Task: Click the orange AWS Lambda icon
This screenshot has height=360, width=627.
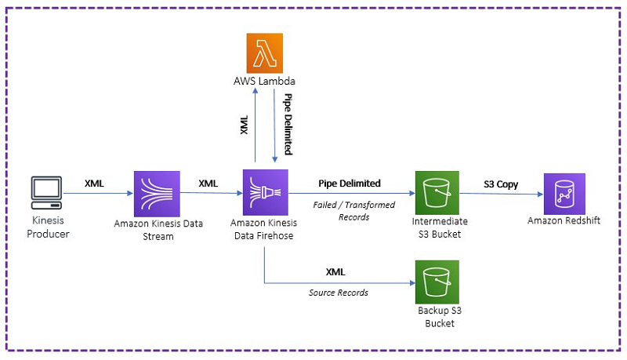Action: tap(264, 53)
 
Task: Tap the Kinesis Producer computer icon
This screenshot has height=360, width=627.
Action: tap(47, 193)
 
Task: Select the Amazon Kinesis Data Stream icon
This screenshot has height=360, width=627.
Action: tap(157, 194)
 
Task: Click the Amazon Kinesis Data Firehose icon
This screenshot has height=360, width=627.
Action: tap(265, 192)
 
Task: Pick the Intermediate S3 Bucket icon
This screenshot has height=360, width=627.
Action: tap(437, 193)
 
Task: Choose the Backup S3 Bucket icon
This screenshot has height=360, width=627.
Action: tap(437, 282)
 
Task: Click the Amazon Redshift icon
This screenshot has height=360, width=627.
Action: tap(564, 194)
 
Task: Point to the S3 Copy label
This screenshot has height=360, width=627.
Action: tap(501, 184)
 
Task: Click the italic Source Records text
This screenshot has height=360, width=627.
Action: tap(339, 293)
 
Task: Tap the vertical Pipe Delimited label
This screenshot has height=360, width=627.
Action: tap(288, 124)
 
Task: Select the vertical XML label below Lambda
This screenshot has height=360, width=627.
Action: tap(244, 125)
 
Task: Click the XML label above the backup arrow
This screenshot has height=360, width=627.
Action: tap(335, 272)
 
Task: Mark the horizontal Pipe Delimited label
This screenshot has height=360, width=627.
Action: tap(350, 184)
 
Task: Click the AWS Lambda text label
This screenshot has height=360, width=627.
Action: tap(264, 82)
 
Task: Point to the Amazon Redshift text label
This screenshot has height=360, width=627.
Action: tap(564, 220)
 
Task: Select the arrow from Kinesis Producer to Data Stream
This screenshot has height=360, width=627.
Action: tap(98, 193)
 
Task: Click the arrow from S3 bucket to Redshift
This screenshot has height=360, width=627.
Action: tap(501, 194)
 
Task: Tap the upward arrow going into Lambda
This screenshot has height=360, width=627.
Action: tap(256, 125)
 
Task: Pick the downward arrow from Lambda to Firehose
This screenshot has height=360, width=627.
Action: tap(274, 125)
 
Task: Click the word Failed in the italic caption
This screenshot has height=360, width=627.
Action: tap(324, 205)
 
